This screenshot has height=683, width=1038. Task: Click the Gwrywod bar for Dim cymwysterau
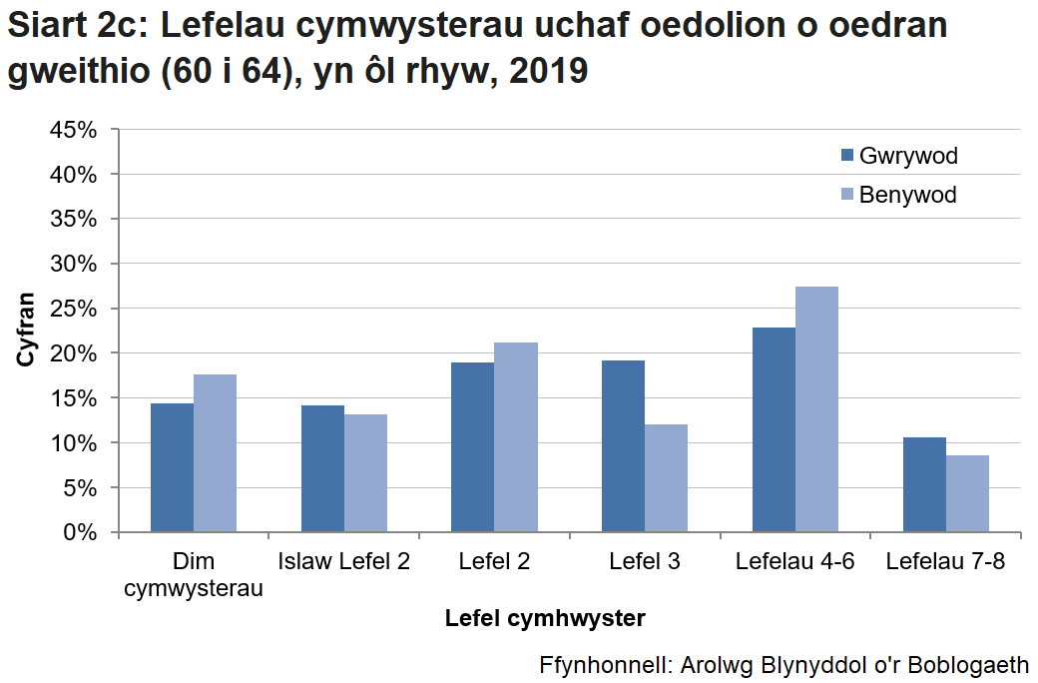pos(172,467)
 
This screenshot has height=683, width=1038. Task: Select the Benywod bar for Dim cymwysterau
pos(215,453)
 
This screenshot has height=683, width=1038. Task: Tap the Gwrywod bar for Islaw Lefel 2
pos(322,468)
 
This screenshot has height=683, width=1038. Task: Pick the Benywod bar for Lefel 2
pos(516,437)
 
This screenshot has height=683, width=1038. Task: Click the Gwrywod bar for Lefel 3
pos(623,446)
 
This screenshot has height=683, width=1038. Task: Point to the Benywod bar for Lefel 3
pos(666,478)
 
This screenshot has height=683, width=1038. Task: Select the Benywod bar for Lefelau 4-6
pos(816,409)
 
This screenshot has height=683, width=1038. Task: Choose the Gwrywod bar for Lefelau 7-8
pos(924,484)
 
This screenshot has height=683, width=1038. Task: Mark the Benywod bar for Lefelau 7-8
pos(967,493)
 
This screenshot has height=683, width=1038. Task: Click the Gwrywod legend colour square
pos(848,156)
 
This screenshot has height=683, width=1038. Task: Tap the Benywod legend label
pos(908,195)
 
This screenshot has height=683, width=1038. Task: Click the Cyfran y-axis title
pos(27,330)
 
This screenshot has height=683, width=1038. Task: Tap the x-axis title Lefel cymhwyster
pos(545,618)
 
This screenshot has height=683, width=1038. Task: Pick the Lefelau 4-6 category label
pos(794,561)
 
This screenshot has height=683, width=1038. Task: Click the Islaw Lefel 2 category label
pos(344,561)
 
